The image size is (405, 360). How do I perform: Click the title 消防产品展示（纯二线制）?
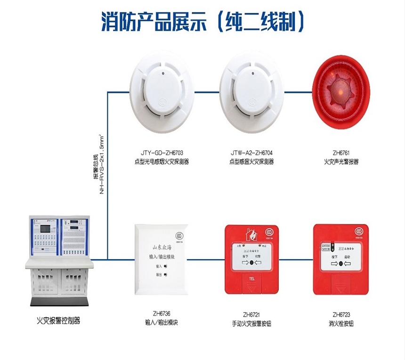pos(202,21)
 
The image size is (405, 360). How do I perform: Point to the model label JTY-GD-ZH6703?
pos(162,153)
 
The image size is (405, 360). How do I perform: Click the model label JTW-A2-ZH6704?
pos(251,153)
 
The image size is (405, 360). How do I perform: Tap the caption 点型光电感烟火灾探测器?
pos(162,162)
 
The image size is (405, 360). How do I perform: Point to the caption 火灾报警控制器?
pos(58,320)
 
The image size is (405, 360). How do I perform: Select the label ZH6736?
pos(162,315)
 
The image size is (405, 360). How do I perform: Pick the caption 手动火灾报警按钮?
pos(251,324)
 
